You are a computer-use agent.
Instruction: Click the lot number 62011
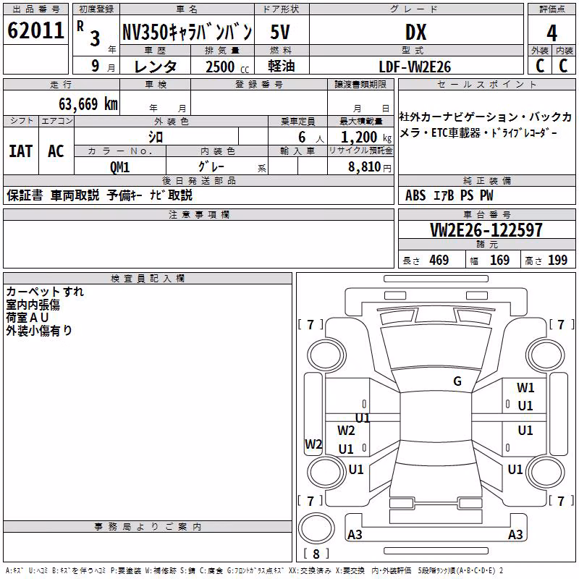coord(35,30)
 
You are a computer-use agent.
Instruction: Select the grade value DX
coord(415,32)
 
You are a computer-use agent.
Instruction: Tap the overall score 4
coord(551,33)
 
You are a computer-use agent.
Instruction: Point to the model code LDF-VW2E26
coord(415,67)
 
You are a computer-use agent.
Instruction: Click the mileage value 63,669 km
coord(88,104)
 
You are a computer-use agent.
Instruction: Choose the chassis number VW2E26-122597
coord(486,230)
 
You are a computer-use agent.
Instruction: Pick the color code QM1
coord(119,167)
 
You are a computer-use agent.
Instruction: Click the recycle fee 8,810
coord(365,167)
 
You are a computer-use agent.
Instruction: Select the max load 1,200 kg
coord(366,138)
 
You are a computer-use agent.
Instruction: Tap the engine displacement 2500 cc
coord(227,67)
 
